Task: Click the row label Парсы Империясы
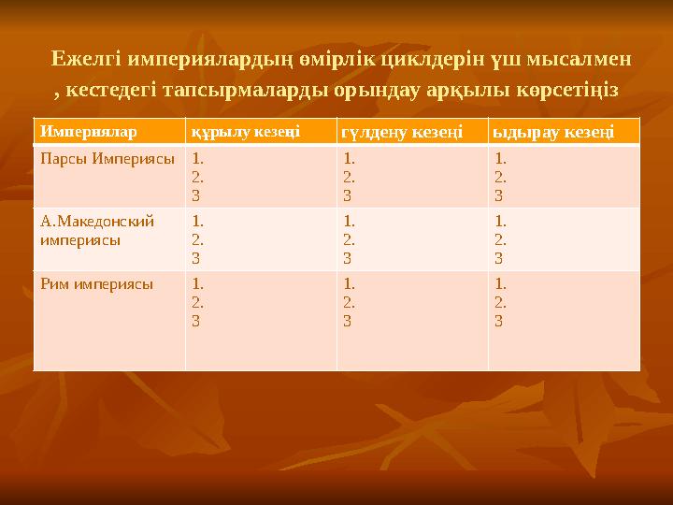[x=107, y=159]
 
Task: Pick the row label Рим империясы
[x=97, y=283]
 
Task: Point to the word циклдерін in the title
[x=435, y=58]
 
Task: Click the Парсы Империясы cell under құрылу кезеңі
[x=261, y=177]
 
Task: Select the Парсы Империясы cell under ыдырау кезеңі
[x=564, y=177]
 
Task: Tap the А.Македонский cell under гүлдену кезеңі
[x=412, y=239]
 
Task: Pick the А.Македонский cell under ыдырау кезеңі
[x=564, y=239]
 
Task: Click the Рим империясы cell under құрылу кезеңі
[x=261, y=320]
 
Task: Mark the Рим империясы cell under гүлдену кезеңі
[x=412, y=320]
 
